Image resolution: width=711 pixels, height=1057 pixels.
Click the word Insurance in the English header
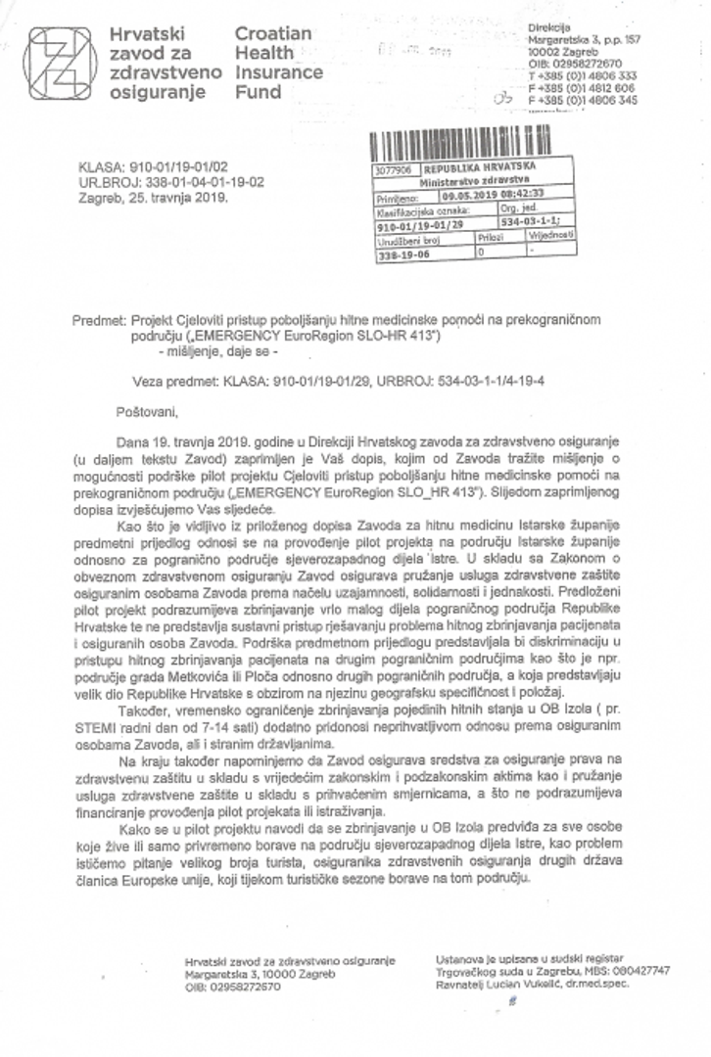[278, 73]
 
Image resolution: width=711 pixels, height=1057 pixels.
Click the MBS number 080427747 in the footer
[637, 970]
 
